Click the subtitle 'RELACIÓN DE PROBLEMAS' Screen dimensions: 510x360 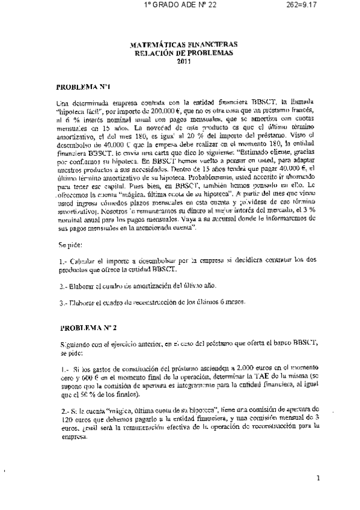click(183, 52)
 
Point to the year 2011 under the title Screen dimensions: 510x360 click(183, 60)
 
